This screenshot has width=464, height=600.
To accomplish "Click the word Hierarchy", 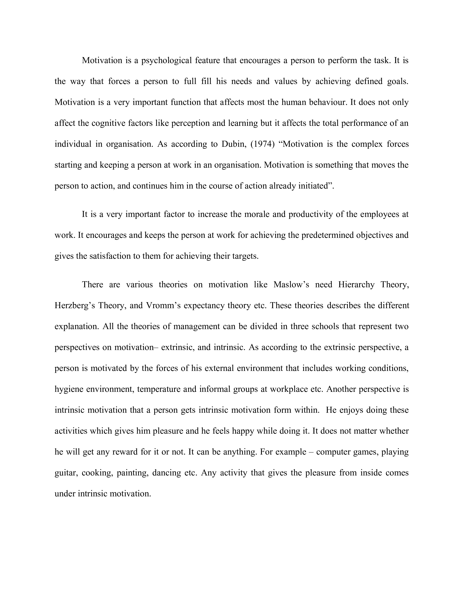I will pyautogui.click(x=356, y=284).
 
